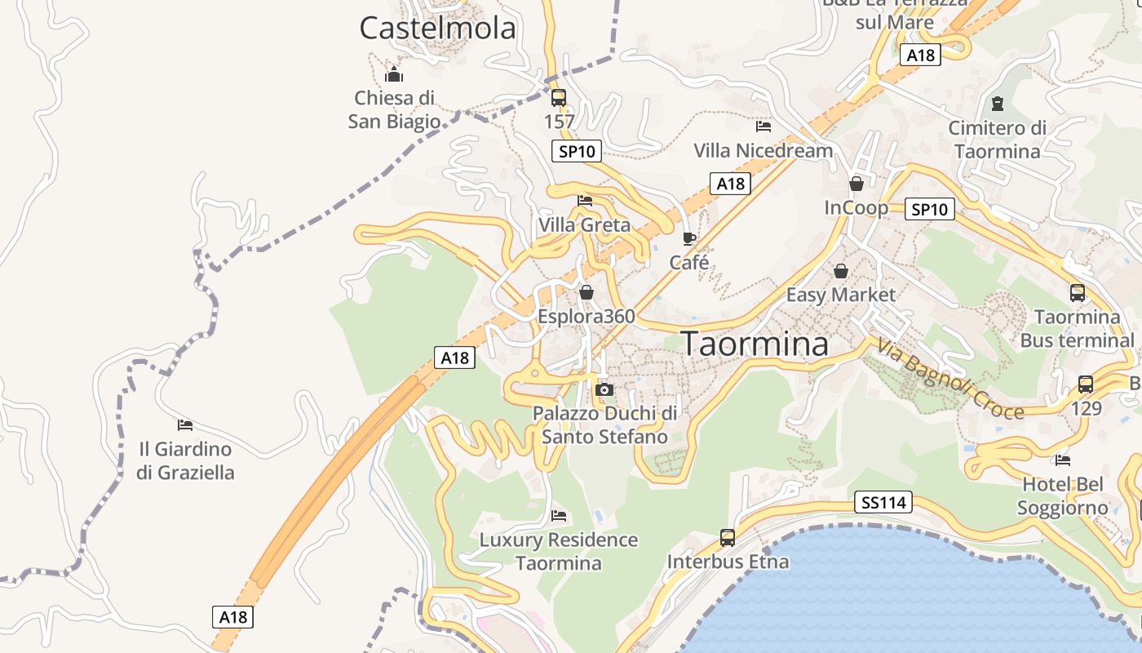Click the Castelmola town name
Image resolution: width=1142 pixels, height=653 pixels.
point(438,29)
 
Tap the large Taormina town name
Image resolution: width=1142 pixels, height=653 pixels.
point(755,344)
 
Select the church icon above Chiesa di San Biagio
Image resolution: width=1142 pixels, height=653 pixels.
point(394,74)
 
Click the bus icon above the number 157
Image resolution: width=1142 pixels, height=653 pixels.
point(559,98)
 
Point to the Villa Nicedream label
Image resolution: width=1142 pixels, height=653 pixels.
point(764,150)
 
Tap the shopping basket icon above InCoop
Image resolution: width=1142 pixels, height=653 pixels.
point(856,184)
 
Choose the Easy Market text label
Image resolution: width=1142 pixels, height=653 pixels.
point(841,295)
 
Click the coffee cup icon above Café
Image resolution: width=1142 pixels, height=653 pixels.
point(689,238)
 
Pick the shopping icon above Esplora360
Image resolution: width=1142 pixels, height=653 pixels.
point(586,292)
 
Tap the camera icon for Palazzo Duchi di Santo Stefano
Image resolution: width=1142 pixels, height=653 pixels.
point(604,389)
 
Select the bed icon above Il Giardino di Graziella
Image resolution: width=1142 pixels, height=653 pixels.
point(185,424)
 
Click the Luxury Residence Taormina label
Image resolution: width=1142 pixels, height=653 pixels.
point(559,551)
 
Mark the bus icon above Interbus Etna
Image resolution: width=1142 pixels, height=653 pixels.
point(728,538)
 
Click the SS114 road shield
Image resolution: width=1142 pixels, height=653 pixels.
point(884,502)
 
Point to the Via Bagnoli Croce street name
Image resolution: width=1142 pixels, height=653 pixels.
point(950,380)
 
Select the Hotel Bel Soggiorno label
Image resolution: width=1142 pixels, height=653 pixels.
point(1062,496)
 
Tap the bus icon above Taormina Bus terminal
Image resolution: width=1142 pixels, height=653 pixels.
point(1078,293)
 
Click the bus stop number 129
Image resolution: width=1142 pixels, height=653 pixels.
point(1087,408)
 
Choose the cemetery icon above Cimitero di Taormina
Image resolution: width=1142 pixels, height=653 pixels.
point(997,104)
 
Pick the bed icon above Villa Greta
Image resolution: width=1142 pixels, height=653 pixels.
point(585,200)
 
